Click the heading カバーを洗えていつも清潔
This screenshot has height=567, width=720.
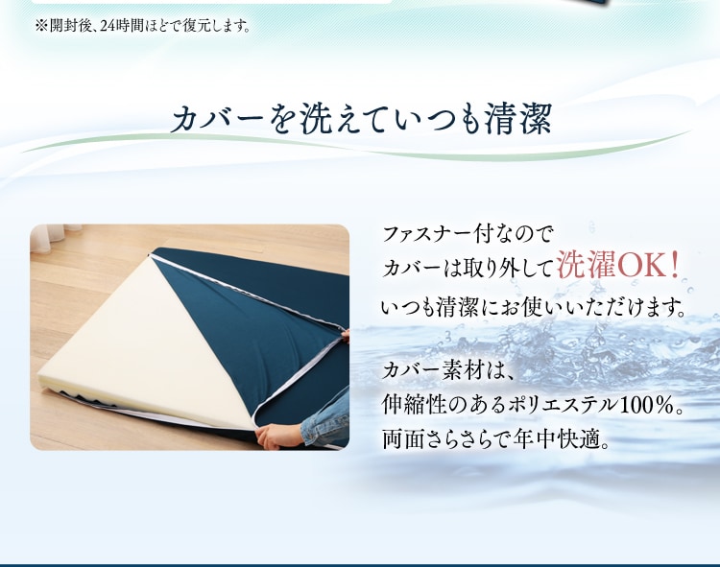pyautogui.click(x=361, y=119)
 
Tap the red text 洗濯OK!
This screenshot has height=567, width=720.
pyautogui.click(x=618, y=266)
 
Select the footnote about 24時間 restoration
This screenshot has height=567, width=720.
pyautogui.click(x=143, y=26)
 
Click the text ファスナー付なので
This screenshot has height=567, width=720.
pyautogui.click(x=467, y=233)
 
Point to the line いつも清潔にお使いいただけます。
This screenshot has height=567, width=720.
pyautogui.click(x=534, y=307)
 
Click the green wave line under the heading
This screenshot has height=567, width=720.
pyautogui.click(x=357, y=146)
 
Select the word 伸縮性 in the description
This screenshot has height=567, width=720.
pyautogui.click(x=414, y=405)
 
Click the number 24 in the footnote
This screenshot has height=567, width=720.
pyautogui.click(x=108, y=26)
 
